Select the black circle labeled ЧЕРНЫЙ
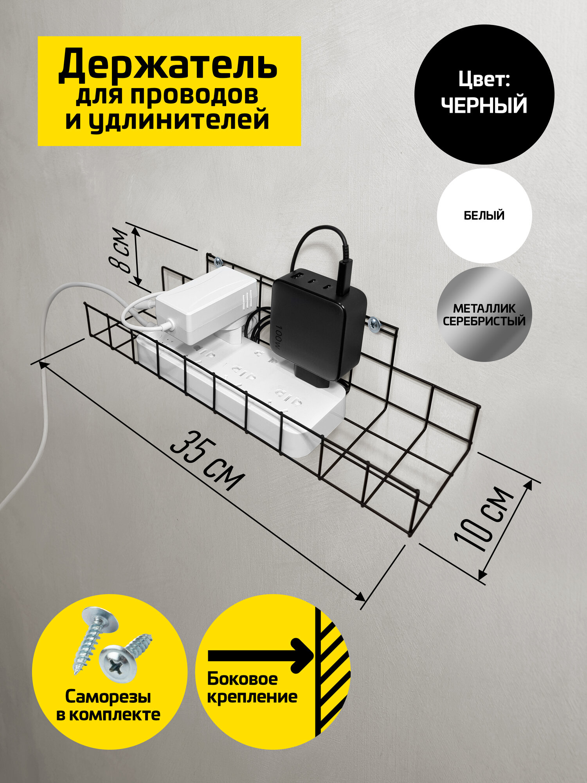[x=484, y=94]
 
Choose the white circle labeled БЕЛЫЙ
[x=484, y=215]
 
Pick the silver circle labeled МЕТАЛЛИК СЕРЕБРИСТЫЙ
[x=484, y=314]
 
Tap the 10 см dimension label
[x=484, y=521]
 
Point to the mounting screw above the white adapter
[x=218, y=261]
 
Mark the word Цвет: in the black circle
[x=484, y=80]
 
